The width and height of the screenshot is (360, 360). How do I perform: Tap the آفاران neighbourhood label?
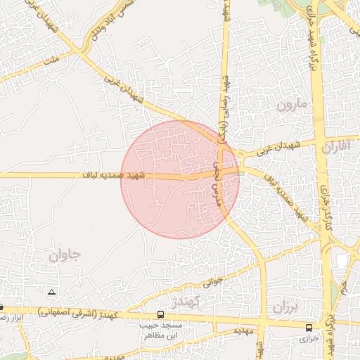336,148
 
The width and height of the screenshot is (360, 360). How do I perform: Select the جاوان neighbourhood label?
65,255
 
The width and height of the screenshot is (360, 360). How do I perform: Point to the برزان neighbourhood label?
286,307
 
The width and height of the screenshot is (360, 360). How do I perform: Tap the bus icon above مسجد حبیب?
161,314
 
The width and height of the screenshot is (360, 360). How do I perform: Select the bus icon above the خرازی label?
309,328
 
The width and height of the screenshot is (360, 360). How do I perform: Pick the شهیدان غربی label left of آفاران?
278,148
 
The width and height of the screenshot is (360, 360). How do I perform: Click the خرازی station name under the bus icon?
309,338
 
